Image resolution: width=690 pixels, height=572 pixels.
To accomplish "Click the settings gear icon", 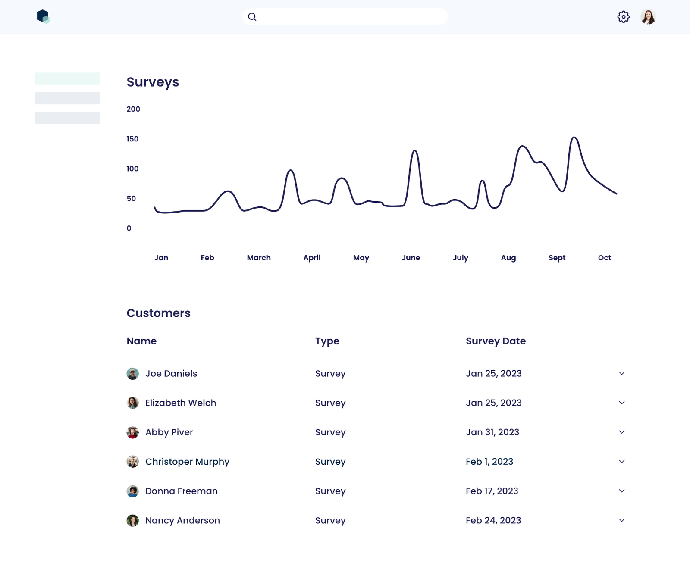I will pyautogui.click(x=623, y=17).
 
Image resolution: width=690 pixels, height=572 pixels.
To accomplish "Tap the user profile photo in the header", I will pyautogui.click(x=648, y=17).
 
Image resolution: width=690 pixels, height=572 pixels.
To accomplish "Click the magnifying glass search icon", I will pyautogui.click(x=252, y=17).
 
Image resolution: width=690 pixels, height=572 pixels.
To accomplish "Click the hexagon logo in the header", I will pyautogui.click(x=43, y=16).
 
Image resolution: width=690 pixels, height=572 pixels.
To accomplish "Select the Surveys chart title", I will pyautogui.click(x=153, y=82).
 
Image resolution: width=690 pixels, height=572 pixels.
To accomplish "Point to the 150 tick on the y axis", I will pyautogui.click(x=132, y=139).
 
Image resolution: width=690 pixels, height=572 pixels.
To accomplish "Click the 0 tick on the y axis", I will pyautogui.click(x=129, y=228).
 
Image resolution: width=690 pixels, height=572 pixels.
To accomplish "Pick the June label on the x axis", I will pyautogui.click(x=411, y=258).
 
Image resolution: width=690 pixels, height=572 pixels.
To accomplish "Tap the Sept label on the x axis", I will pyautogui.click(x=557, y=258).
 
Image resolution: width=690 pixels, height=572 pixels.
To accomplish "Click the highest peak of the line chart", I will pyautogui.click(x=574, y=138).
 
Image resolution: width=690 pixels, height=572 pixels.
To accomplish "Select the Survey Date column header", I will pyautogui.click(x=496, y=341).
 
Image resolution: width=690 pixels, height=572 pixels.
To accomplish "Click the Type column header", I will pyautogui.click(x=327, y=341).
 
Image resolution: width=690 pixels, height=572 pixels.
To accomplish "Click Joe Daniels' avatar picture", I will pyautogui.click(x=133, y=374).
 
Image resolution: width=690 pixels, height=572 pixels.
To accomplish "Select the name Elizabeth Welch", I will pyautogui.click(x=181, y=403).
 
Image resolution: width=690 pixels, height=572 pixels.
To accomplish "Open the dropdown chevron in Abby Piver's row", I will pyautogui.click(x=621, y=432).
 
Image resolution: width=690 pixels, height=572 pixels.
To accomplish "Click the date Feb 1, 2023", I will pyautogui.click(x=489, y=462).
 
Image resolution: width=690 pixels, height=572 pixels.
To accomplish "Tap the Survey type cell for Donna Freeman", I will pyautogui.click(x=330, y=491).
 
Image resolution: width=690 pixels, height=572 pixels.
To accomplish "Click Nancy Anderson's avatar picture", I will pyautogui.click(x=133, y=521).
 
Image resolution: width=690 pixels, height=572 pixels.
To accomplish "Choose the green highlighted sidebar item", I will pyautogui.click(x=68, y=78).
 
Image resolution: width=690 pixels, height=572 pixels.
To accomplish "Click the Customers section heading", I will pyautogui.click(x=158, y=313).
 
